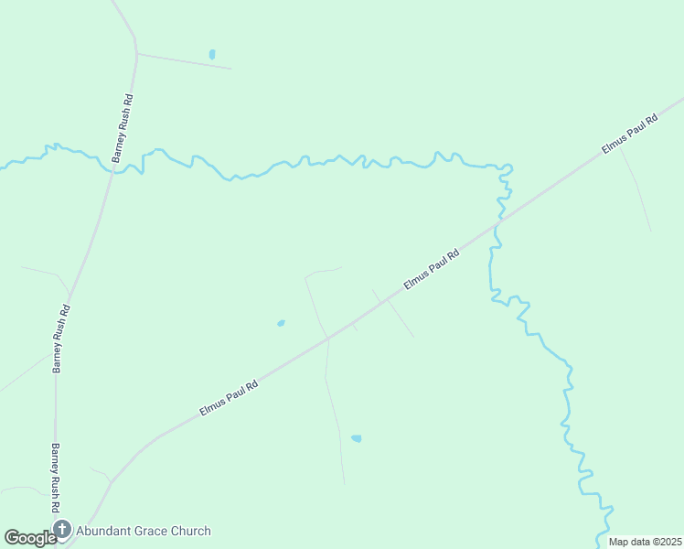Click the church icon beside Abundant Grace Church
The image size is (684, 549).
tap(62, 530)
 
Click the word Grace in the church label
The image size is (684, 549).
tap(153, 531)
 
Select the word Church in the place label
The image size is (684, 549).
tap(192, 531)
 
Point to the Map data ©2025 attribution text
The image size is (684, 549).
tap(646, 542)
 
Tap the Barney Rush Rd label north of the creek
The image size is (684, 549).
tap(123, 128)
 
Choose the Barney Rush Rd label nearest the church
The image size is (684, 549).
tap(55, 478)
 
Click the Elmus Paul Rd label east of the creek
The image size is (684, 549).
tap(629, 135)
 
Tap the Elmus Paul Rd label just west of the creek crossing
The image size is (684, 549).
tap(430, 271)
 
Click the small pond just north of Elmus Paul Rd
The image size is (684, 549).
tap(281, 323)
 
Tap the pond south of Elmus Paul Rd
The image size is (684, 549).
tap(356, 438)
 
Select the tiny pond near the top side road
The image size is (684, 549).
tap(212, 55)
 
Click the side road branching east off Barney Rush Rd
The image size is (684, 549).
tap(183, 60)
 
